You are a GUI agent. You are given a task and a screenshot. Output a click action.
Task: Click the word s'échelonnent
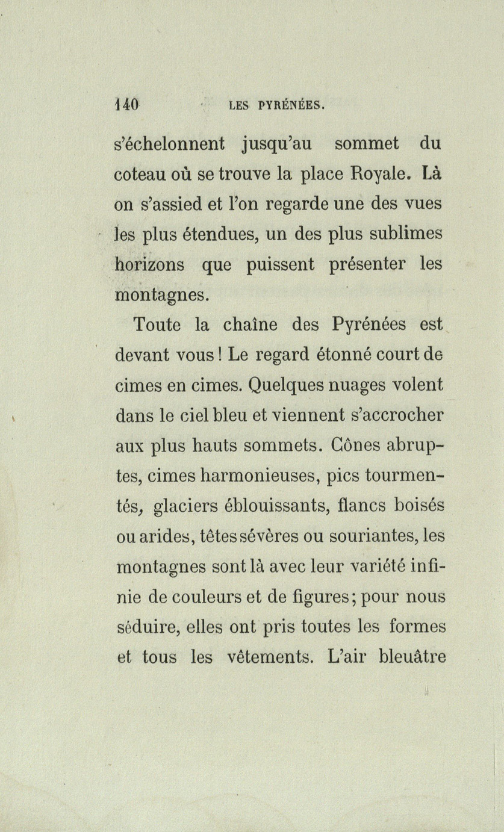[x=169, y=144]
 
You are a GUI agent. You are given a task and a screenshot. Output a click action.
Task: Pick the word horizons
[x=150, y=264]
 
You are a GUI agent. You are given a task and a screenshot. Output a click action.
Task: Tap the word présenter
[x=367, y=265]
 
